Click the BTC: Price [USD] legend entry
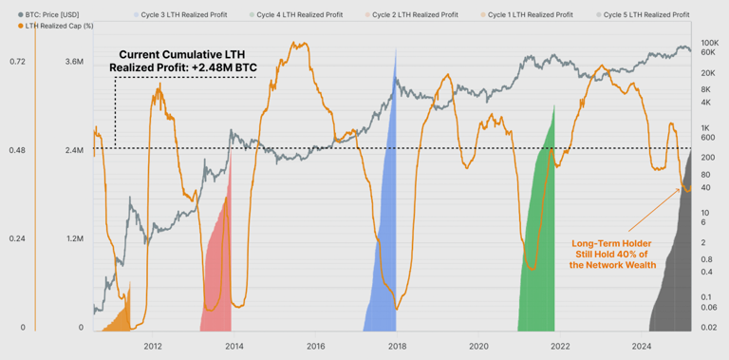57,16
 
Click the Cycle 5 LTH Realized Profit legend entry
649,16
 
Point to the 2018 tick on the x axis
397,346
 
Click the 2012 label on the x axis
153,346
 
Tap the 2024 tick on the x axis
642,346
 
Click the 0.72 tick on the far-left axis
17,62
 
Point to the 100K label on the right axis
708,44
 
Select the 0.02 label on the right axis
708,328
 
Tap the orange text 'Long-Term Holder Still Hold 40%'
609,255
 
